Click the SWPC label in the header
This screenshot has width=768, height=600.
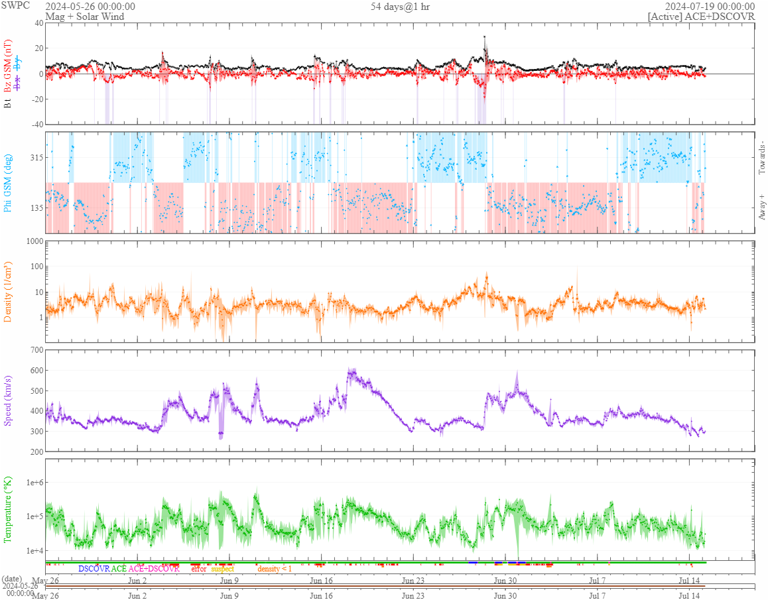pos(17,6)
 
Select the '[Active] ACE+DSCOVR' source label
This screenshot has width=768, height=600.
pos(701,17)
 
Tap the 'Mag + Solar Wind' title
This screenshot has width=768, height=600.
pos(84,17)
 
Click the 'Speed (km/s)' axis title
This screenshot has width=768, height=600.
pos(9,400)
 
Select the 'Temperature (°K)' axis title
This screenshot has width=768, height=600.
pos(9,509)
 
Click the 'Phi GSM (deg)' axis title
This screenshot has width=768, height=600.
pos(9,182)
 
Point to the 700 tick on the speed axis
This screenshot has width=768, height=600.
pos(34,349)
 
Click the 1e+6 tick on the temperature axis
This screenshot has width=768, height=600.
pos(31,483)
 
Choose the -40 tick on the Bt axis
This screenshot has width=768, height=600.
pos(34,124)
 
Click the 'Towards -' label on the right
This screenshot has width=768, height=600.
pos(761,158)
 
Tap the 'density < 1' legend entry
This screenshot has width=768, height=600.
pos(274,569)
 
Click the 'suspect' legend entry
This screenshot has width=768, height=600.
pos(222,569)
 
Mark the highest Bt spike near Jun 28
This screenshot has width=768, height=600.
pos(485,37)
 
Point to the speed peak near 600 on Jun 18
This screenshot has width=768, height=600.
pos(351,371)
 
